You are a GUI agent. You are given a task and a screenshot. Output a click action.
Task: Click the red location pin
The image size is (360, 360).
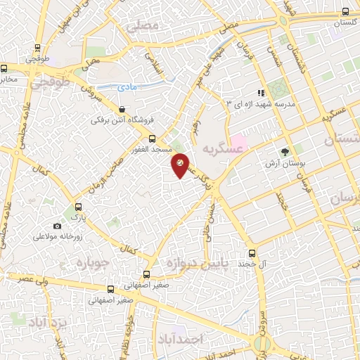(x=180, y=165)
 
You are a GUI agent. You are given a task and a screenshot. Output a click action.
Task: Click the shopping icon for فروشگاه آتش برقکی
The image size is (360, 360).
(x=123, y=110)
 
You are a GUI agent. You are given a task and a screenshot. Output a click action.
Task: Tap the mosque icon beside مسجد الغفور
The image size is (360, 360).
(x=151, y=139)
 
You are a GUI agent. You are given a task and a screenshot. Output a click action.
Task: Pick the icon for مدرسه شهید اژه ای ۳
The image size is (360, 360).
(x=262, y=92)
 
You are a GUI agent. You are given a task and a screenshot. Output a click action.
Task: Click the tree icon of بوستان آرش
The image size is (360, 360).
(x=285, y=151)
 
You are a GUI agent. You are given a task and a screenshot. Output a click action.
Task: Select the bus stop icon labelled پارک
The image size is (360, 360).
(x=78, y=207)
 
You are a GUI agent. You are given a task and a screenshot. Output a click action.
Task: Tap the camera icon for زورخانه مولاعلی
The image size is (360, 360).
(x=57, y=226)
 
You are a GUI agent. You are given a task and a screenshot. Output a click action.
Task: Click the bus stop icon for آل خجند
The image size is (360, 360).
(x=252, y=253)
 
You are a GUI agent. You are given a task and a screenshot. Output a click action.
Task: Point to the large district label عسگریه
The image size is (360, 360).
(x=216, y=149)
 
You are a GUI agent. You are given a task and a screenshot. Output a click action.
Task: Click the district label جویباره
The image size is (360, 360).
(x=89, y=264)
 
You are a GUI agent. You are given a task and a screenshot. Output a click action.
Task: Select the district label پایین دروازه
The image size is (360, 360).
(x=204, y=264)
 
